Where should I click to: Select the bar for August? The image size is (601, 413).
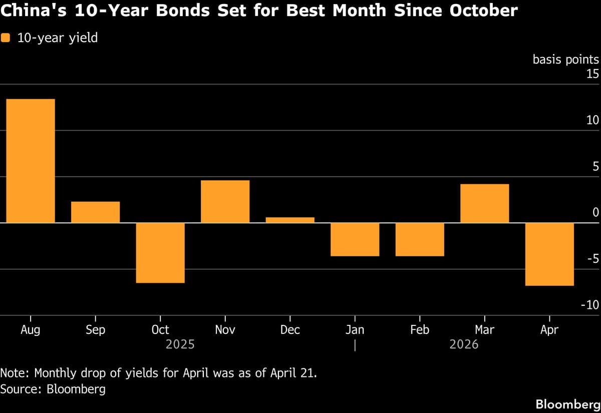coord(31,161)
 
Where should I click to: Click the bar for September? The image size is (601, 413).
coord(95,212)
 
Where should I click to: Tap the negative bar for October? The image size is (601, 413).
coord(160,253)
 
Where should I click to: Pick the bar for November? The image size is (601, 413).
coord(225,201)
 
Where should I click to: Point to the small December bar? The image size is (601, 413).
coord(290,220)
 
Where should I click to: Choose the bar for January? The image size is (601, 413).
coord(355,239)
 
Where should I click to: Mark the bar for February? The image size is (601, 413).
coord(420,239)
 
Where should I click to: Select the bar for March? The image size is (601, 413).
coord(484,203)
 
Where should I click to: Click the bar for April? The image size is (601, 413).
coord(549,254)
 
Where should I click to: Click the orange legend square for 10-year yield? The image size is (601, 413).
coord(6,38)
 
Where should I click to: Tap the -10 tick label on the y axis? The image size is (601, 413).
coord(589,305)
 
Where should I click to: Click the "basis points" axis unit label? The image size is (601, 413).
coord(565,60)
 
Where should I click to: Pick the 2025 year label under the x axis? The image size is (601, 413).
coord(180,344)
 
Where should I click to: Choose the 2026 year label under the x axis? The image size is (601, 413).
coord(464,344)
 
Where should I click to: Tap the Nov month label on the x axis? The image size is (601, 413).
coord(225,329)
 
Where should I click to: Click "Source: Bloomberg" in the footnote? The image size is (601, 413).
coord(53,388)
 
